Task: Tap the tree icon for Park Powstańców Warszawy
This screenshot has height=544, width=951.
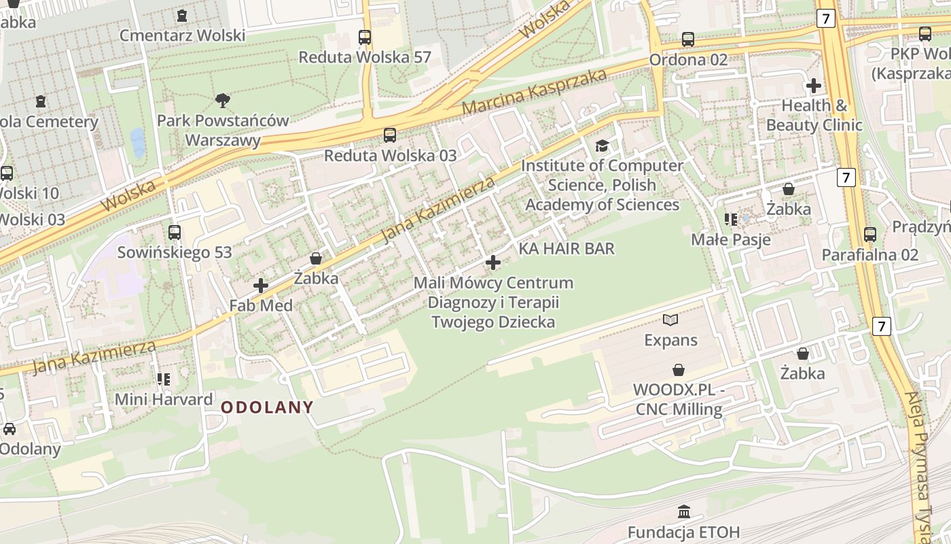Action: click(222, 101)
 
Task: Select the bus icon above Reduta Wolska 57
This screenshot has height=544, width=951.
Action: click(365, 37)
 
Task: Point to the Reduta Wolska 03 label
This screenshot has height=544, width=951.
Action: click(390, 155)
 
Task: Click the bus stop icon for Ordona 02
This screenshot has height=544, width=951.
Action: click(688, 39)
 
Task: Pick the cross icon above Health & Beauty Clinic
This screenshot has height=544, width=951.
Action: click(813, 86)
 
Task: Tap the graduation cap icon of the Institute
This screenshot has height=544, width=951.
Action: click(602, 146)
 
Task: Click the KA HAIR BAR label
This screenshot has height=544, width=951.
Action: click(567, 249)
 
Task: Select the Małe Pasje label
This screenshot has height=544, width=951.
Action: click(731, 239)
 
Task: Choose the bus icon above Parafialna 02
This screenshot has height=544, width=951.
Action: click(870, 235)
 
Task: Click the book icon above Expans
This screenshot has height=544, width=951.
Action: click(670, 320)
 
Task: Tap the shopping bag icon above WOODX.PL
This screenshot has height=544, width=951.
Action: click(678, 370)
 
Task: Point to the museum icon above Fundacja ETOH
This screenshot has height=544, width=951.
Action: click(684, 511)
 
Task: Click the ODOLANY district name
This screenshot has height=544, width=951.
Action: click(268, 407)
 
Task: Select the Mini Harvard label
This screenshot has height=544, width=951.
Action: click(164, 399)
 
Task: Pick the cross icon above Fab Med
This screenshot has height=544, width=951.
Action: click(260, 286)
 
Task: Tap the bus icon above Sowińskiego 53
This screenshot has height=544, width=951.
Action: click(175, 233)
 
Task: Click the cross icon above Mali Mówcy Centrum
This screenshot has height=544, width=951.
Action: click(493, 262)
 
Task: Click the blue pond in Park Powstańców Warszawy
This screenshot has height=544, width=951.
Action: click(138, 142)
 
